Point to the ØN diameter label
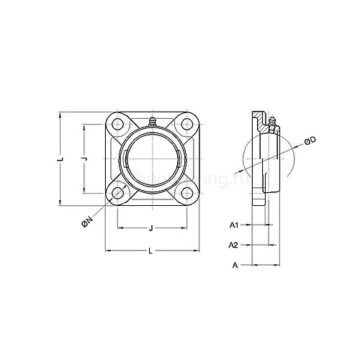[86, 225]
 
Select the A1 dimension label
[234, 225]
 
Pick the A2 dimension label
[234, 245]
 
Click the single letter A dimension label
[235, 265]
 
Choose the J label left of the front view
[84, 158]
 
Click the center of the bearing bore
[152, 159]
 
